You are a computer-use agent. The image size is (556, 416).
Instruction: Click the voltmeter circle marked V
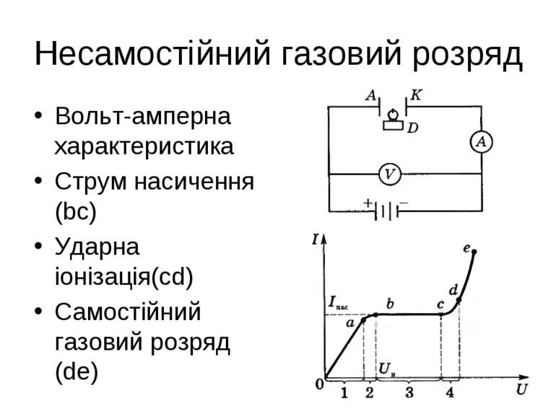click(x=390, y=174)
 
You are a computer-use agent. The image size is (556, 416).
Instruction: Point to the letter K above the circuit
click(x=418, y=94)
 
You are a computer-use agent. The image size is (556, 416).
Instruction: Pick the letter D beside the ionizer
click(x=413, y=128)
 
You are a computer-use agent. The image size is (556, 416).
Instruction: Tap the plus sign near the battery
click(x=368, y=203)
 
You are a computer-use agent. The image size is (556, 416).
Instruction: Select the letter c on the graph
click(x=440, y=305)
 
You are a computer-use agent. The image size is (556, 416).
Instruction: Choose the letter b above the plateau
click(x=390, y=304)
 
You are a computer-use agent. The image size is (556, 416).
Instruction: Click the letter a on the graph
click(x=350, y=324)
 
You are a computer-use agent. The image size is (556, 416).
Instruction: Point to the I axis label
click(x=316, y=239)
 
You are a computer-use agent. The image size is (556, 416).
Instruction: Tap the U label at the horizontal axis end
click(x=521, y=390)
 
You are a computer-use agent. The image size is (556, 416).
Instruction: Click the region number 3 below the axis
click(x=409, y=393)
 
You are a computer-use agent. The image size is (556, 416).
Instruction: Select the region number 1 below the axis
click(x=344, y=393)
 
